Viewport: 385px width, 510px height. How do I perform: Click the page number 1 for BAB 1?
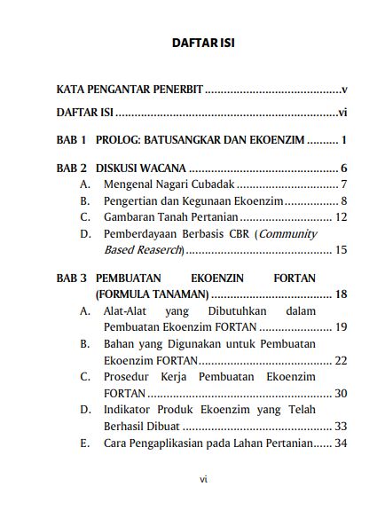click(343, 140)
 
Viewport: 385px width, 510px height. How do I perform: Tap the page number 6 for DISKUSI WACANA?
click(342, 169)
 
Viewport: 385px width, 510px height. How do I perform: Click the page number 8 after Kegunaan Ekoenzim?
click(342, 201)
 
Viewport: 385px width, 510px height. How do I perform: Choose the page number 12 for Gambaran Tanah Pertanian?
click(340, 217)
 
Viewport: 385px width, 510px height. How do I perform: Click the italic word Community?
click(287, 234)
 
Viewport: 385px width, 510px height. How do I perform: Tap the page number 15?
click(340, 251)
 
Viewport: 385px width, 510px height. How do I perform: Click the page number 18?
click(340, 294)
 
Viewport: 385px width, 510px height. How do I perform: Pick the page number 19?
click(340, 327)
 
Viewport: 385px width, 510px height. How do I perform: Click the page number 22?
click(340, 361)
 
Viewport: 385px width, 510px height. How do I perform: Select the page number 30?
click(340, 393)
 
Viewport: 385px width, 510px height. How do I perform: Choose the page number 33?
click(340, 426)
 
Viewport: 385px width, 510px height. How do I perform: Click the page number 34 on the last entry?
click(340, 443)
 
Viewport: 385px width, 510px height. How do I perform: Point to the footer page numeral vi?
click(203, 480)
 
